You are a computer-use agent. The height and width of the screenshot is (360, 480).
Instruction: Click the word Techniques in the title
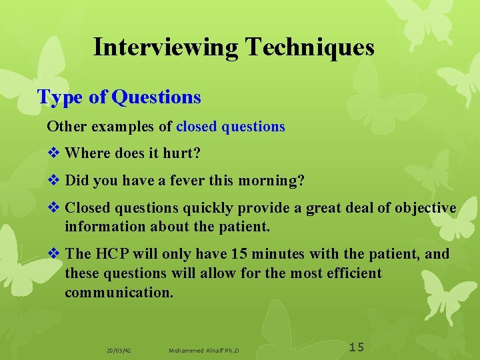(309, 47)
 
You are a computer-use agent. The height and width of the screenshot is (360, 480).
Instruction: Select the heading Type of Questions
(119, 97)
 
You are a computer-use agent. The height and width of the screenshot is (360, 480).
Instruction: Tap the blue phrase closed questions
(230, 127)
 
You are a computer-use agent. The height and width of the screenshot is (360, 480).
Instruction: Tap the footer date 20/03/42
(119, 350)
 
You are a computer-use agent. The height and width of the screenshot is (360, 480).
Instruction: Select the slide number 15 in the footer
(357, 347)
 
